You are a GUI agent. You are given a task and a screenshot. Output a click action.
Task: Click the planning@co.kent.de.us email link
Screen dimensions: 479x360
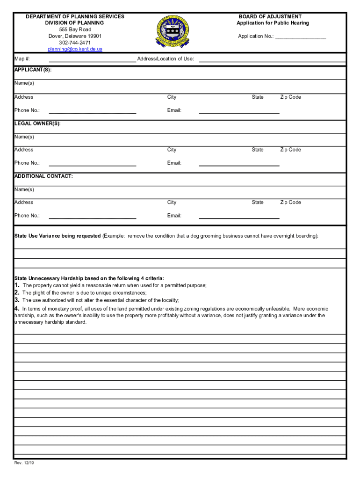tap(75, 49)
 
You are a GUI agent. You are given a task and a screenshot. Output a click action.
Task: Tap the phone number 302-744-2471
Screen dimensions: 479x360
tap(75, 43)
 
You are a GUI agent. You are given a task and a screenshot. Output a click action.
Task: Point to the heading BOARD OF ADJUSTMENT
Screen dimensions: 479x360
tap(270, 16)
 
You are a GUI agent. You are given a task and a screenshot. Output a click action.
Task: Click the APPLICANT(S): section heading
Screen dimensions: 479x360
tap(33, 70)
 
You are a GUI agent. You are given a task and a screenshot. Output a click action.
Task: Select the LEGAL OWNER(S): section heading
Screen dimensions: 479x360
tap(37, 124)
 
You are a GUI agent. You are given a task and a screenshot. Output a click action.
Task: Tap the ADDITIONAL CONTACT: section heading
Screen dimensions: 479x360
tap(43, 176)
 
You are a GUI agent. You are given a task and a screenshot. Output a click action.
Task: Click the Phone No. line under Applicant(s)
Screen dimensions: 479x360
tap(92, 112)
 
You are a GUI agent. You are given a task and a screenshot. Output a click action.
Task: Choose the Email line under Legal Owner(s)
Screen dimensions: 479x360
tap(239, 165)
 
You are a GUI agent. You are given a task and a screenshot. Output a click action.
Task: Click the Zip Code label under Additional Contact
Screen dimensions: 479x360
tap(290, 203)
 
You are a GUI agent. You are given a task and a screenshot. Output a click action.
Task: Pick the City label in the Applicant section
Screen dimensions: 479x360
tap(172, 97)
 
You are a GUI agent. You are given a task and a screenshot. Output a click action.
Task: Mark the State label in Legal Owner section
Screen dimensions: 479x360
tap(257, 150)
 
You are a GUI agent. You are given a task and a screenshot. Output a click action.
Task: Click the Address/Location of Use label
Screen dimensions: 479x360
tap(166, 59)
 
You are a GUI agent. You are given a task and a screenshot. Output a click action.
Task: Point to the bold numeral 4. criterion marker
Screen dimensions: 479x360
tap(17, 309)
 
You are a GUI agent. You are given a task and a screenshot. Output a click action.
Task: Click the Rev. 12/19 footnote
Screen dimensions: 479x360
tap(24, 463)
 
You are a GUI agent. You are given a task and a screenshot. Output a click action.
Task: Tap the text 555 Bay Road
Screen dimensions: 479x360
tap(75, 29)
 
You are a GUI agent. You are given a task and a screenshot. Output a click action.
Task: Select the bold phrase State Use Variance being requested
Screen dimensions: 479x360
tap(58, 236)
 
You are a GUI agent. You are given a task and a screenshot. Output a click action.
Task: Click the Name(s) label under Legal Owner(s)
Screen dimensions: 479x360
tap(24, 137)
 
